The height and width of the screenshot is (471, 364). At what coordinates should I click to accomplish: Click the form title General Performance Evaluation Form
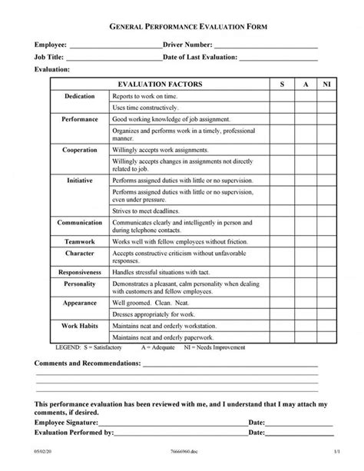coord(182,26)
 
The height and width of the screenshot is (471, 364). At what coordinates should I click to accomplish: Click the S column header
coord(281,83)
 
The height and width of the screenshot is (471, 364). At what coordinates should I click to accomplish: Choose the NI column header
coord(326,83)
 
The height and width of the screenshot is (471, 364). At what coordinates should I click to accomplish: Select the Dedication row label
coord(80,96)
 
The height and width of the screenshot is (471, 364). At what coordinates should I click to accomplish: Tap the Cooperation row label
coord(80,150)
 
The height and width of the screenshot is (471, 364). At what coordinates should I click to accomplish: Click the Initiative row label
coord(80,180)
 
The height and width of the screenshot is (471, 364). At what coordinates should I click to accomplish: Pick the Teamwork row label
coord(80,240)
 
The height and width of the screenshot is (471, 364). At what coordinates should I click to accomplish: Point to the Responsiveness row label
coord(80,272)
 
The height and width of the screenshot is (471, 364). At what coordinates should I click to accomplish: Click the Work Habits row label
coord(80,326)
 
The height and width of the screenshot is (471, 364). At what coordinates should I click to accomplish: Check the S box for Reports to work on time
coord(281,96)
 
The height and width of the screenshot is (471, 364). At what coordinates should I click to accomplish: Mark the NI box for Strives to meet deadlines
coord(326,210)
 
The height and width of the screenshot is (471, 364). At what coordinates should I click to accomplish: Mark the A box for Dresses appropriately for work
coord(303,314)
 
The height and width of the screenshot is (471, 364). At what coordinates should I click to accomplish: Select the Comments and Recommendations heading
coord(87,361)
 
